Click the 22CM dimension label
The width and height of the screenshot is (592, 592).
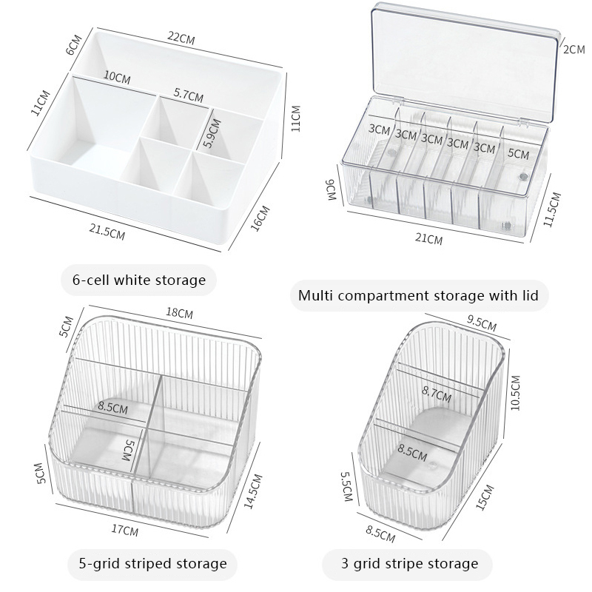(x=181, y=38)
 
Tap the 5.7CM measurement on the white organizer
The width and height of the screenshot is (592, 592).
(x=189, y=95)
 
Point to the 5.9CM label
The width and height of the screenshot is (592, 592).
(x=212, y=133)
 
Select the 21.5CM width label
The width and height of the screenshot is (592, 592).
(x=107, y=231)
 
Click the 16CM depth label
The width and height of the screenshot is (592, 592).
(x=260, y=218)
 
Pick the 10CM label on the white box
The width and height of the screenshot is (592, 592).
(x=117, y=77)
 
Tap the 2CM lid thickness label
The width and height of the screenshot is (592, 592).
(x=574, y=49)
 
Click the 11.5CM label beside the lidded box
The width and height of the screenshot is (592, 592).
(x=552, y=209)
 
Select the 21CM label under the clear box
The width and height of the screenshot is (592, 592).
(x=428, y=238)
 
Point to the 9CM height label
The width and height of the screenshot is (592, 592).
(x=330, y=190)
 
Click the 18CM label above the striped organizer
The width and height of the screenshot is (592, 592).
(x=179, y=313)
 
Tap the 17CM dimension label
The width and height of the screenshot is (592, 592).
(x=124, y=530)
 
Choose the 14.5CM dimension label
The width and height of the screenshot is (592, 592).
(x=252, y=491)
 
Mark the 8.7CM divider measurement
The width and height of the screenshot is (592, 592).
(x=437, y=394)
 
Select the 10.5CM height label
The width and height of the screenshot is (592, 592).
(x=515, y=393)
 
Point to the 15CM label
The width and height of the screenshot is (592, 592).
(x=485, y=497)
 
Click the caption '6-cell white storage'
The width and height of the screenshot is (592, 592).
(x=139, y=280)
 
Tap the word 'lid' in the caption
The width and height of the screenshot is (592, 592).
(x=531, y=295)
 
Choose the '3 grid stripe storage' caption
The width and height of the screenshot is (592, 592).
(x=410, y=564)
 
